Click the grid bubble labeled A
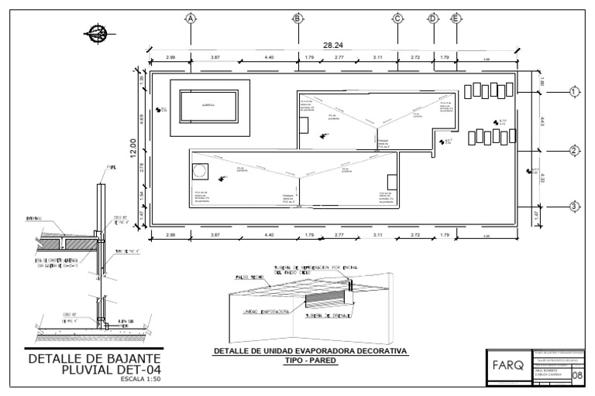190,19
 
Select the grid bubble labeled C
397,19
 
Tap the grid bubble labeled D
433,19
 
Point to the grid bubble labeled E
456,19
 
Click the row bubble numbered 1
574,92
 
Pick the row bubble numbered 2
574,151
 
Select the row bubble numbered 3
574,207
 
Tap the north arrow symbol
98,32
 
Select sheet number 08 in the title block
578,375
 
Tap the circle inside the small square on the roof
200,170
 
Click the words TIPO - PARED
311,360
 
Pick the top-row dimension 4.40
268,59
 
